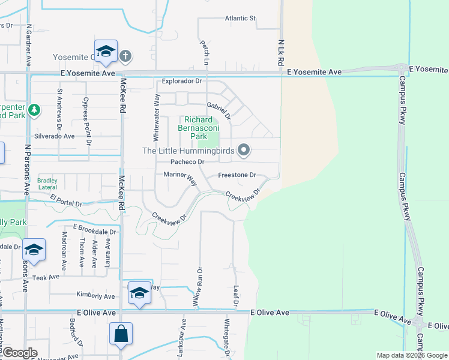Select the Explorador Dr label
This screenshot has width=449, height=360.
(183, 80)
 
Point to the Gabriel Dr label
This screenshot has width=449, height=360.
(218, 108)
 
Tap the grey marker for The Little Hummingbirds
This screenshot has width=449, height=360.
(243, 150)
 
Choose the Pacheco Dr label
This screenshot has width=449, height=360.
(187, 162)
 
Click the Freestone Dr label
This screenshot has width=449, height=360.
(237, 175)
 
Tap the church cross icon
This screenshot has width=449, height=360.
(125, 56)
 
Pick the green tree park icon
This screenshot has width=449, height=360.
(35, 110)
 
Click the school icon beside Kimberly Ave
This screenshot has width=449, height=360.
(139, 293)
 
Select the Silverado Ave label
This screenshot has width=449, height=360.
(54, 136)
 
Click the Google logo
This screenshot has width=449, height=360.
(20, 353)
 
